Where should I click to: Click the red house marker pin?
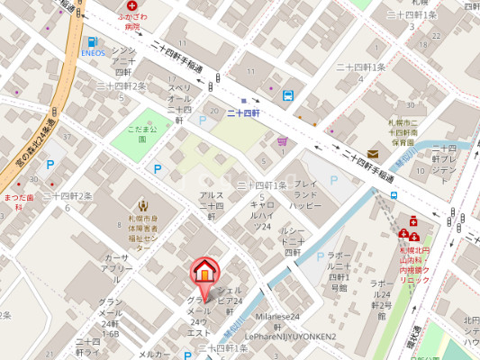(x=204, y=271)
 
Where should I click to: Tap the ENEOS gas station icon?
(x=93, y=41)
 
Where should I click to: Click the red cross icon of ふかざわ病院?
(x=131, y=4)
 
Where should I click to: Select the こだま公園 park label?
(x=142, y=130)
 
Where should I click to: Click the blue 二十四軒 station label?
(x=242, y=112)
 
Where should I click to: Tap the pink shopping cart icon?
(x=283, y=140)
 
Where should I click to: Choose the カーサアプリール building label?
(x=116, y=263)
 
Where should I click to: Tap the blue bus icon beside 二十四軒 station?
(x=287, y=95)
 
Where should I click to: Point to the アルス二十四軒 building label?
(x=212, y=205)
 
